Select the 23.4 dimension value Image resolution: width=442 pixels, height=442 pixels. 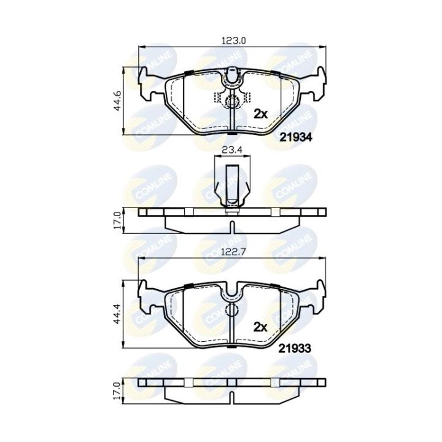pos(232,148)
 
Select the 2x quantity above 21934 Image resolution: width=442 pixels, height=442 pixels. pos(262,114)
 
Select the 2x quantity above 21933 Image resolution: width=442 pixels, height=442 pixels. pos(262,327)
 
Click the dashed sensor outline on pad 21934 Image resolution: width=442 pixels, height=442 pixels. pos(232,98)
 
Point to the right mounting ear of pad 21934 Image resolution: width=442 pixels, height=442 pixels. pos(317,83)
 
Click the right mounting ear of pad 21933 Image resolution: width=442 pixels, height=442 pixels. pos(317,295)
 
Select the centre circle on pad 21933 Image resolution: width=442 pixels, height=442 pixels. pos(232,311)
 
